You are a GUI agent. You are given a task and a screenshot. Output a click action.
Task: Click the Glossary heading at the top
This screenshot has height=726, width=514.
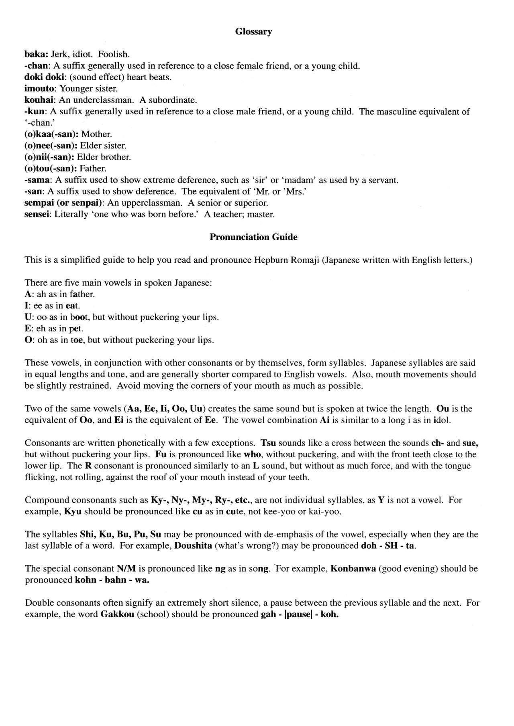[253, 32]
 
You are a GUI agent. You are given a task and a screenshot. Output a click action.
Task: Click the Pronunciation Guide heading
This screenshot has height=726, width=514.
[253, 237]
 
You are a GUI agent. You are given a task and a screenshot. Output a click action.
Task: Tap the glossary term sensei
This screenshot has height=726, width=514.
[38, 214]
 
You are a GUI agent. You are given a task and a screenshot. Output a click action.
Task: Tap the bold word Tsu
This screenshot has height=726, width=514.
[268, 443]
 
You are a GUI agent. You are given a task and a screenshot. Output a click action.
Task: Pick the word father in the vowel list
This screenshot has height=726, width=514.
[82, 294]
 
